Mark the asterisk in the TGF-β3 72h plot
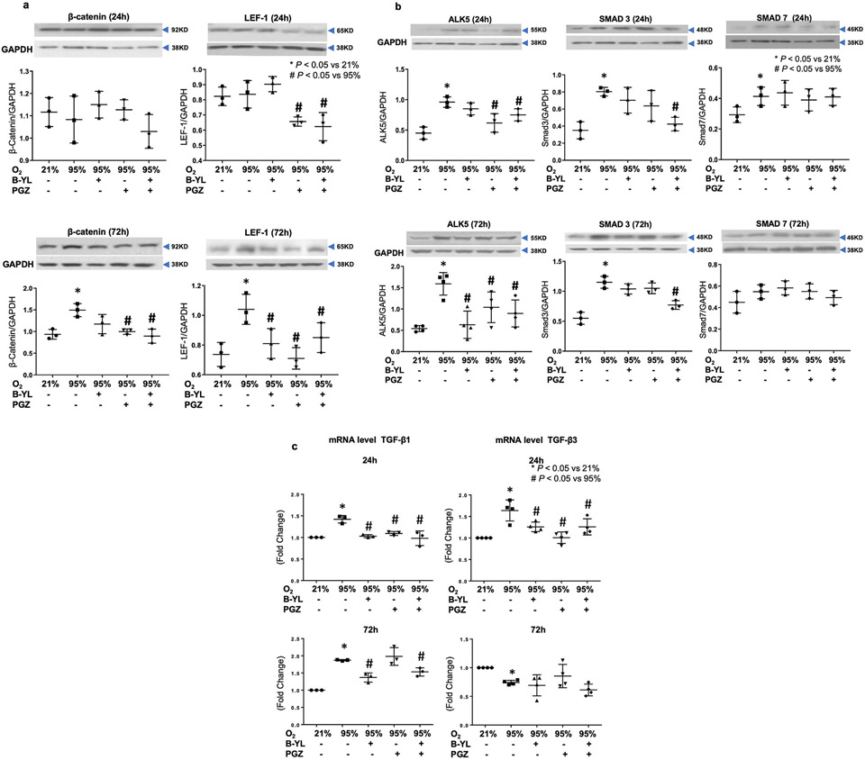512,672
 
